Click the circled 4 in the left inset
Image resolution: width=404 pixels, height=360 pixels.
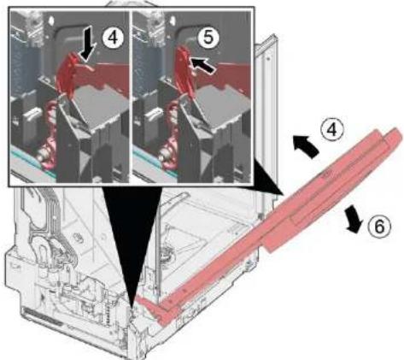(114, 38)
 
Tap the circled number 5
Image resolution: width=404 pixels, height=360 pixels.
(208, 38)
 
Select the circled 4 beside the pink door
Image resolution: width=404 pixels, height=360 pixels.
(332, 129)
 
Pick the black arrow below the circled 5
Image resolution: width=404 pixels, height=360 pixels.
(202, 65)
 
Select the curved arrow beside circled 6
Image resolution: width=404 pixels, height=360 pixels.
(353, 219)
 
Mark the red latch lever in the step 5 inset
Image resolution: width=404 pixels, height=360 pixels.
(184, 70)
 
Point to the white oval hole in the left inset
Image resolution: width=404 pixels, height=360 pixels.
(51, 21)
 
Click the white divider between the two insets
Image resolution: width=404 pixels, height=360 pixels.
(131, 97)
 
